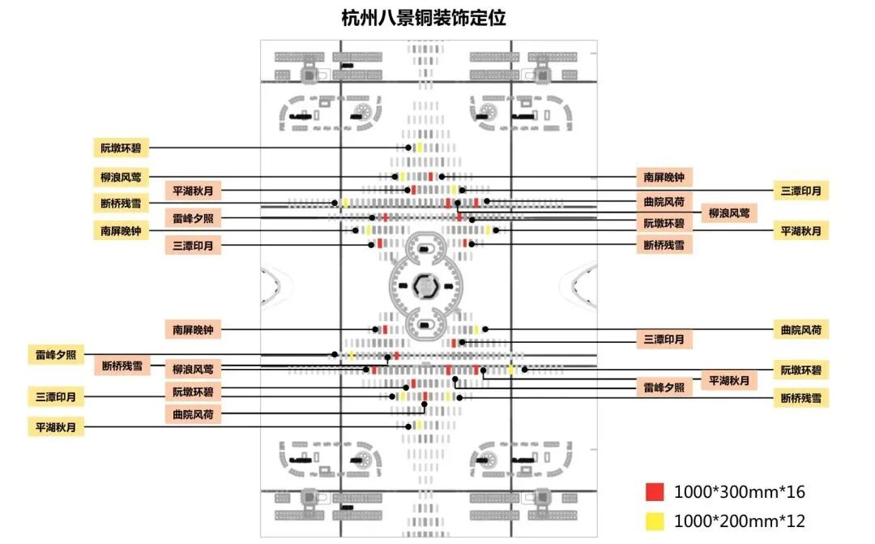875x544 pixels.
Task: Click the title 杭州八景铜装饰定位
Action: pos(424,18)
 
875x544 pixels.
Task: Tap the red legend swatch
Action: pos(655,492)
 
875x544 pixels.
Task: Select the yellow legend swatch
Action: pos(655,521)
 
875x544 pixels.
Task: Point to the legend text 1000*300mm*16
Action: pos(739,492)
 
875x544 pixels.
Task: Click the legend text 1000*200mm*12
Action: pos(739,521)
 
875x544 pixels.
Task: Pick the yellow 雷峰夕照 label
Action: pos(55,354)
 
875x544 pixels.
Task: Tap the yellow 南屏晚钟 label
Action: pos(120,231)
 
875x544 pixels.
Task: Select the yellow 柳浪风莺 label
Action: pos(120,176)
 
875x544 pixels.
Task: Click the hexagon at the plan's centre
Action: pos(424,285)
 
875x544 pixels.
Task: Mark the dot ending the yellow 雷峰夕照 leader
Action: pos(335,354)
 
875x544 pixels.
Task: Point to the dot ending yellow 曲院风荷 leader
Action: pos(484,329)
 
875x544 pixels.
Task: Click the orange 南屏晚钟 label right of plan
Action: pos(668,176)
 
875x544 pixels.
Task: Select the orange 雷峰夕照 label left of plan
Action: pos(193,218)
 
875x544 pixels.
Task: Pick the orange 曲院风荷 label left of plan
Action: pos(193,414)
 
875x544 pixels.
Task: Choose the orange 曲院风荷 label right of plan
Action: pos(668,202)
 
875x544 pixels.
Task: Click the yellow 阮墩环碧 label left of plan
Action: pos(120,148)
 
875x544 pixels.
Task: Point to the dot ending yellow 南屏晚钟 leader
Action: pos(356,231)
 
